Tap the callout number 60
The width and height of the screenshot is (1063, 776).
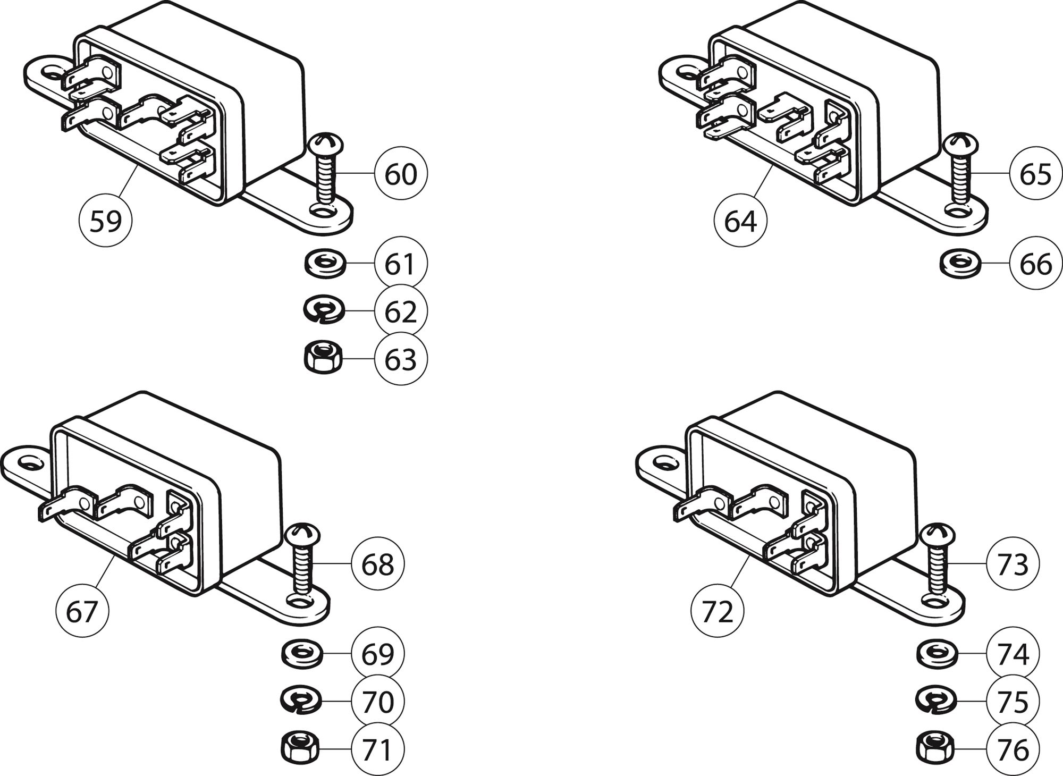401,174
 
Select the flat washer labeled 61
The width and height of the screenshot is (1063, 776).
325,263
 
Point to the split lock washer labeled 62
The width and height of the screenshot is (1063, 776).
324,310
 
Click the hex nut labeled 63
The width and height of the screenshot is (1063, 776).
323,358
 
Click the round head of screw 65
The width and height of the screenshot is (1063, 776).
960,144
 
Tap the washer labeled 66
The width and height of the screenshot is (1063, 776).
960,263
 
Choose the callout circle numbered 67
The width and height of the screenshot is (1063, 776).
82,611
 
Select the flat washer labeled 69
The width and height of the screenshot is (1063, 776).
301,653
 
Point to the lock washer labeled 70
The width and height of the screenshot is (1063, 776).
301,700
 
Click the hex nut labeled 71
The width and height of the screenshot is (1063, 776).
300,748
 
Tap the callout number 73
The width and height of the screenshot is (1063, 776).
1013,563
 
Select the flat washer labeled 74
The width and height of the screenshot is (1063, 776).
937,653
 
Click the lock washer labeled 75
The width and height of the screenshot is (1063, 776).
936,700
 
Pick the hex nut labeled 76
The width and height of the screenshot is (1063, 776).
935,748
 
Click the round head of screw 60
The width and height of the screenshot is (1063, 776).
326,144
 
